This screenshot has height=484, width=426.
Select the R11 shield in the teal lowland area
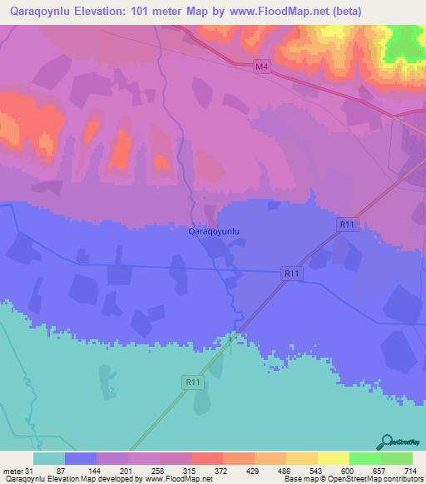click(192, 382)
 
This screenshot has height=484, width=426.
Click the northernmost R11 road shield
click(347, 225)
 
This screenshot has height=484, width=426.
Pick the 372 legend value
click(221, 472)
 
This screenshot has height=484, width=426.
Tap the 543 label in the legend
click(316, 472)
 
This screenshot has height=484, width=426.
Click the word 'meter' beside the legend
click(12, 472)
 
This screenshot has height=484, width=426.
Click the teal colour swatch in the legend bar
click(49, 458)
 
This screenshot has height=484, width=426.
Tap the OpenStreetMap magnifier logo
click(385, 441)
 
